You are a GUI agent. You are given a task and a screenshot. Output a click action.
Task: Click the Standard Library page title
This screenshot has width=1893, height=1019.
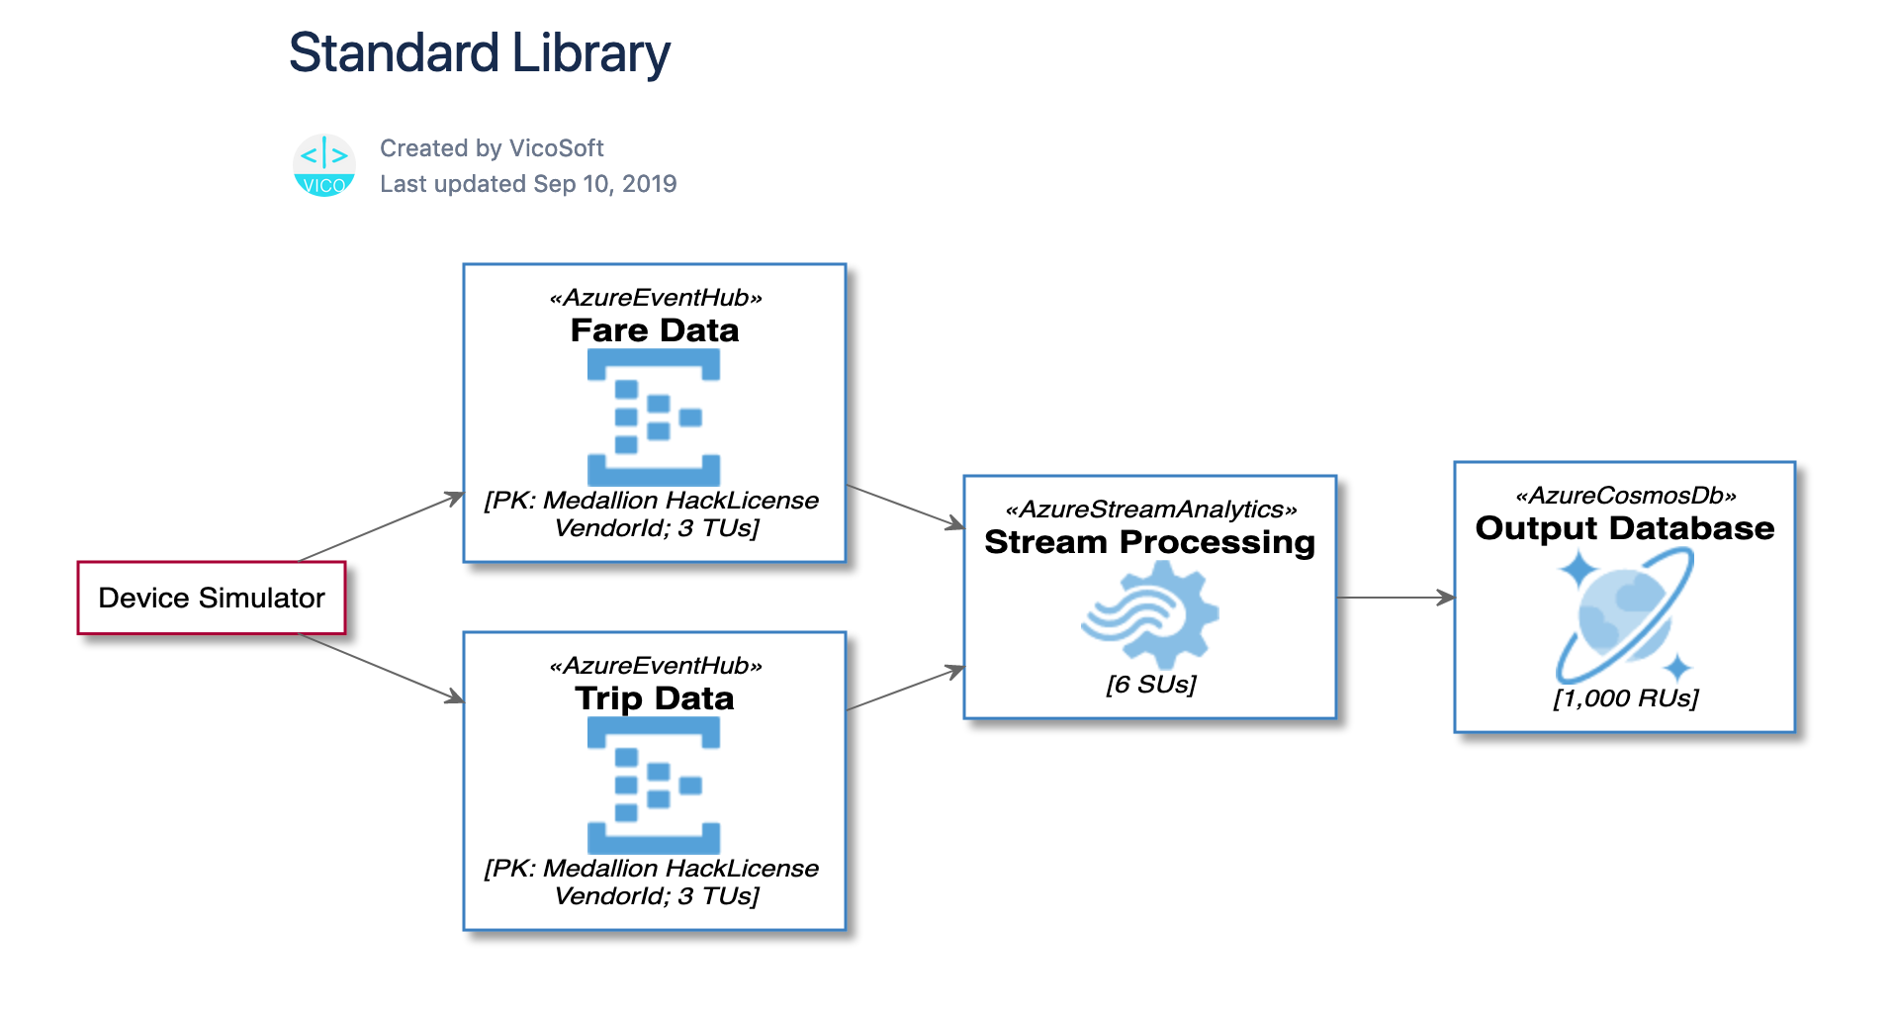479,53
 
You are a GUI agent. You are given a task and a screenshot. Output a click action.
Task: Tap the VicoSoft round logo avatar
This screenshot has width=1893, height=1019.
324,165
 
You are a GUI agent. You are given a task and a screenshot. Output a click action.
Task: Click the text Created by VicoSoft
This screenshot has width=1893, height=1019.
492,148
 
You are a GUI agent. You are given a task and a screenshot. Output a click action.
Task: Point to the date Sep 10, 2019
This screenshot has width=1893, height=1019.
604,184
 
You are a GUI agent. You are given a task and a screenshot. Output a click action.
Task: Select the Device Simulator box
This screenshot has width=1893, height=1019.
212,598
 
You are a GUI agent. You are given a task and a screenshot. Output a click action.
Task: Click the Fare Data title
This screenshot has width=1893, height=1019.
655,330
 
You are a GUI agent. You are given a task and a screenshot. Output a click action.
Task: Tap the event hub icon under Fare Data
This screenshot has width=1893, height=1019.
654,417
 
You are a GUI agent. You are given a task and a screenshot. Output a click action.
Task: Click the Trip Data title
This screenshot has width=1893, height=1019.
655,698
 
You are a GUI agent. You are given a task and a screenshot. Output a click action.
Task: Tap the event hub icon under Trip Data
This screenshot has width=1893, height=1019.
654,785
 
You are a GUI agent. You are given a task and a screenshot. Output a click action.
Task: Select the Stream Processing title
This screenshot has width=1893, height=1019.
1149,542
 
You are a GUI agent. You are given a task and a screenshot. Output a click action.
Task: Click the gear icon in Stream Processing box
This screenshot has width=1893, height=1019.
1151,614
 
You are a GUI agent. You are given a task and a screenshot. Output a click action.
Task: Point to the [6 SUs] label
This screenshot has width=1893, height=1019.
1150,685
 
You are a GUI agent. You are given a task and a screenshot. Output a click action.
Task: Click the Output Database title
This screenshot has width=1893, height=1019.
1624,528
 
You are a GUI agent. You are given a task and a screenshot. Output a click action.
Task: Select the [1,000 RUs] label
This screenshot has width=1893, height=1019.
1625,698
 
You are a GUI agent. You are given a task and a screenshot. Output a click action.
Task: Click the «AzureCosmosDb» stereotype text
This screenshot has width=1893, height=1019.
1625,496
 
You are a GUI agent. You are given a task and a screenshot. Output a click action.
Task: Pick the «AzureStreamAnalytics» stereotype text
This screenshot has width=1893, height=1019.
1150,509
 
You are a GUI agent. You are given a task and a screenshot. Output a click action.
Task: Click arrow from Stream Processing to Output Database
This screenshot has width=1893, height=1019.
1395,598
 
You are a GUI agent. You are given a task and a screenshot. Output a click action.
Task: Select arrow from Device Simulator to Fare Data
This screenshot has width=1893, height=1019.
382,527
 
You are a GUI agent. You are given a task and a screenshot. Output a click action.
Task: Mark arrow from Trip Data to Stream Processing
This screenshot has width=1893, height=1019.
905,690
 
